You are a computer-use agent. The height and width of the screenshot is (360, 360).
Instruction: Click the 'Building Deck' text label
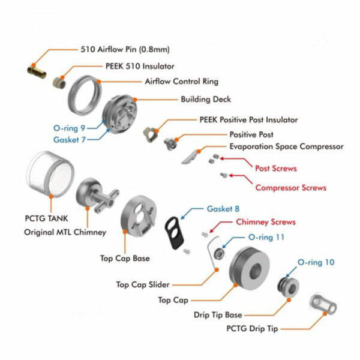(206, 99)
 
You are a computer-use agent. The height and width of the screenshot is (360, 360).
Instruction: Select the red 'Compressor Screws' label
(290, 188)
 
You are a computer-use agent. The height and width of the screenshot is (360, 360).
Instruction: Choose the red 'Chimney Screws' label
(265, 222)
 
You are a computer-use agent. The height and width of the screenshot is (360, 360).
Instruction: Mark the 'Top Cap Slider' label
(143, 285)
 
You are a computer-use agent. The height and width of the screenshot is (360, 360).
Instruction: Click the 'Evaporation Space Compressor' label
(286, 146)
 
